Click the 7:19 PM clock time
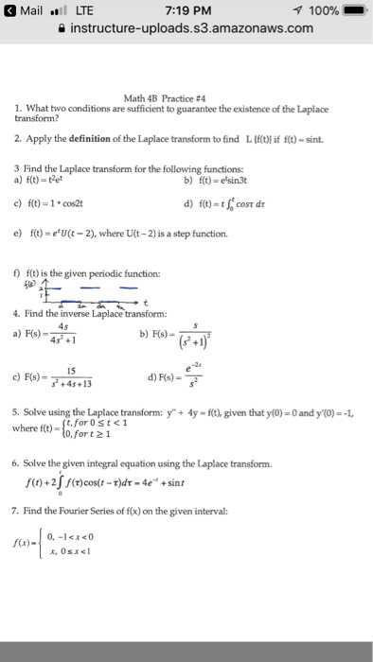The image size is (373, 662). (x=186, y=9)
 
